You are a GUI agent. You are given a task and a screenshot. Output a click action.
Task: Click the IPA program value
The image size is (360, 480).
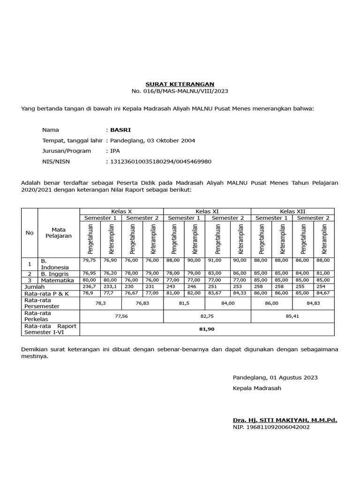tap(115, 151)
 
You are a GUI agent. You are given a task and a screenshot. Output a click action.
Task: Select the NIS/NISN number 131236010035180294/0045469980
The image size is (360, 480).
tap(160, 162)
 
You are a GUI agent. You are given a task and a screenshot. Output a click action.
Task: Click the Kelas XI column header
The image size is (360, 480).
tap(207, 211)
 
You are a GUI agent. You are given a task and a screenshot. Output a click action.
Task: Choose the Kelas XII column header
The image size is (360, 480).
tap(292, 211)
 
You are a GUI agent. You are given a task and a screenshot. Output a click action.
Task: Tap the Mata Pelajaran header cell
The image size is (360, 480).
tap(59, 232)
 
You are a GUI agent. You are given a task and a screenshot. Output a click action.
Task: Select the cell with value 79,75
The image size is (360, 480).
tap(89, 260)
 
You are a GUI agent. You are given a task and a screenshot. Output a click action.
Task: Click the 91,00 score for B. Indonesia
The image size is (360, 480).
tap(218, 260)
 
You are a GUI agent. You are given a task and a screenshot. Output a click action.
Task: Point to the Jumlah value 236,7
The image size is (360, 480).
tap(89, 286)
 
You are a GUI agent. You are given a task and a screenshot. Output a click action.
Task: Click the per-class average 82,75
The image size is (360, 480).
tap(207, 316)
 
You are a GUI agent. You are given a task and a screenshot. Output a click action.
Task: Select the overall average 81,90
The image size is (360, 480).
tap(207, 330)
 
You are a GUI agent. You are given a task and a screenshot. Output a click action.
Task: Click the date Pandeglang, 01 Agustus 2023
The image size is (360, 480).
tap(275, 377)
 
